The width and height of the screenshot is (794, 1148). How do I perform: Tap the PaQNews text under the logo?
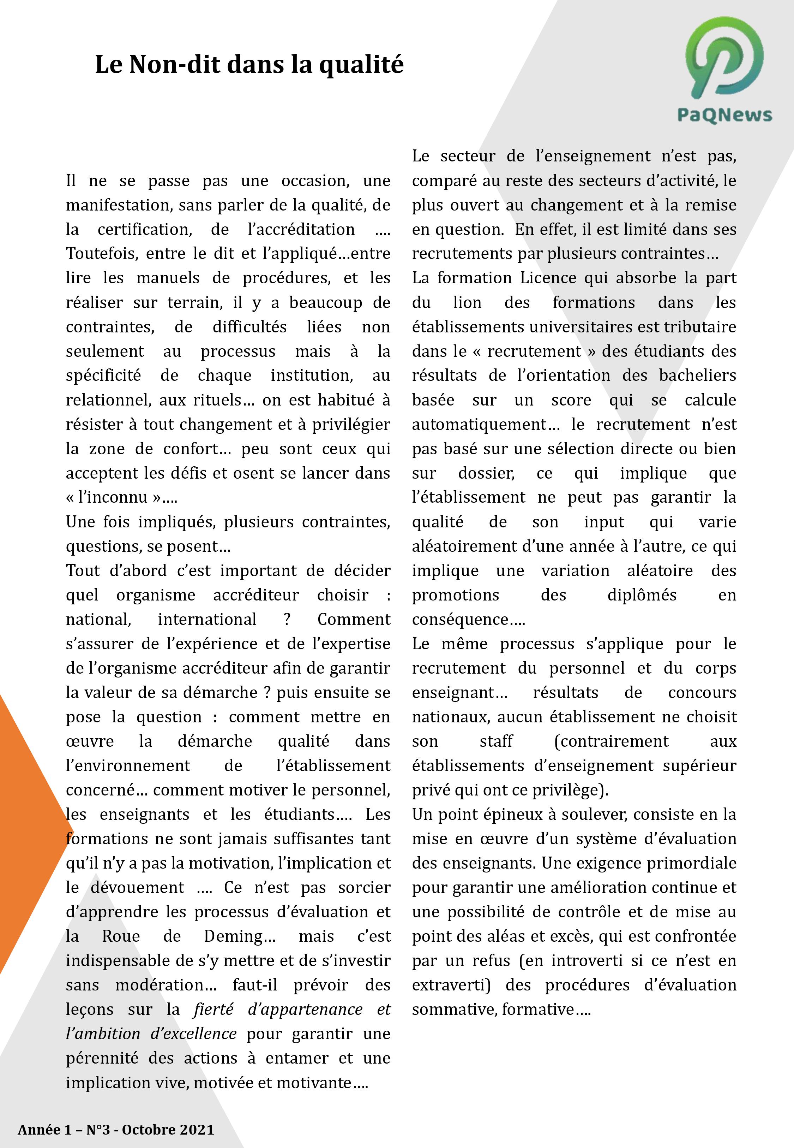click(724, 115)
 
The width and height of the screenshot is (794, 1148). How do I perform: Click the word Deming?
click(239, 936)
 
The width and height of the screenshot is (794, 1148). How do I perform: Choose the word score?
click(571, 400)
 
